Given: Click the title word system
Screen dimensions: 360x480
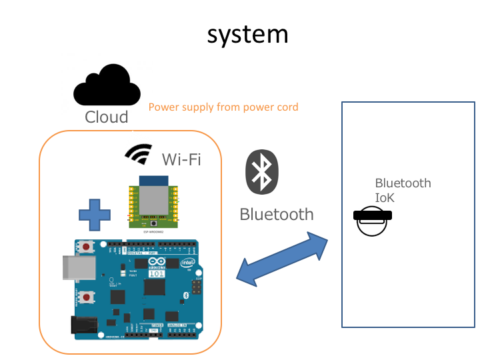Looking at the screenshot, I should tap(247, 35).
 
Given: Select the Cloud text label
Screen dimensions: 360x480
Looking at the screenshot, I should tap(107, 117).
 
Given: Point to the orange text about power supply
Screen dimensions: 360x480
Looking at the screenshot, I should tap(223, 107).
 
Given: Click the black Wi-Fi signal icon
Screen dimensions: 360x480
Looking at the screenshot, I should tap(138, 153).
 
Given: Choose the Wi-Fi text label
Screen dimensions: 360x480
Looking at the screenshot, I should tap(181, 159).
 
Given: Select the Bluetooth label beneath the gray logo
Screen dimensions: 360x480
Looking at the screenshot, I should tap(276, 214).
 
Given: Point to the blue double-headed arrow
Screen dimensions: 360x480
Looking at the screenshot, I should tap(283, 259).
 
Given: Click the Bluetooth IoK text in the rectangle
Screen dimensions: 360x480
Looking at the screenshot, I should tap(403, 190).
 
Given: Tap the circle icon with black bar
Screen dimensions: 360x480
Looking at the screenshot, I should tap(373, 220).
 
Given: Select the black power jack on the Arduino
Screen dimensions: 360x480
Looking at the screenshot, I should tap(83, 325).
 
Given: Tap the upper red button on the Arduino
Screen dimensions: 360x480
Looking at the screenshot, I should tap(88, 247).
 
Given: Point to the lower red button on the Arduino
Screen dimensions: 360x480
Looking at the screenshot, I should tap(87, 296).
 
